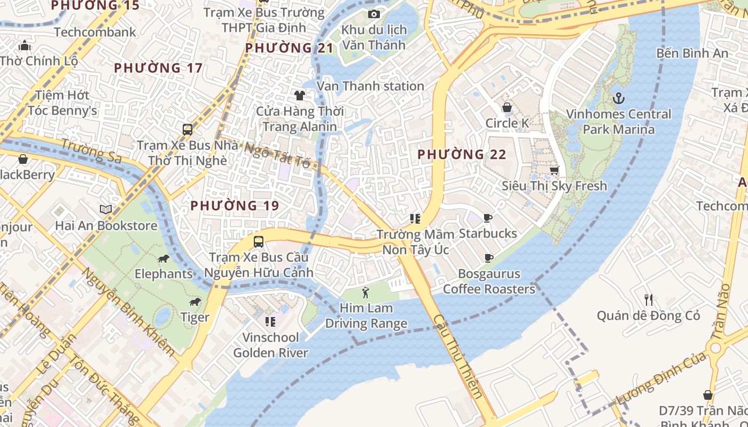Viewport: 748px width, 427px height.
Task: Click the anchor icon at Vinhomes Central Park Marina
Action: [618, 98]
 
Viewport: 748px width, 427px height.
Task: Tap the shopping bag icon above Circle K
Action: [507, 107]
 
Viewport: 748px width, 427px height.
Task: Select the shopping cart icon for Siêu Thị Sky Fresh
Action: [554, 170]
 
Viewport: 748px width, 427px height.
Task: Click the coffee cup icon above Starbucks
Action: [487, 218]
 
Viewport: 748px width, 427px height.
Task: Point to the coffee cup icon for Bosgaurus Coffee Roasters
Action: [488, 258]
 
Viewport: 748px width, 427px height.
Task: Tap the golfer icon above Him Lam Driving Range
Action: [365, 292]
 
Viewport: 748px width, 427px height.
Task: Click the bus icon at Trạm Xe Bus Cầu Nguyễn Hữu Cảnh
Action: [259, 241]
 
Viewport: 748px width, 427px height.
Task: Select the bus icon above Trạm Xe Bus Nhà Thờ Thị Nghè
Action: [187, 129]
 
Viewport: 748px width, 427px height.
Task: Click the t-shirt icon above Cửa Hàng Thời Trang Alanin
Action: [299, 96]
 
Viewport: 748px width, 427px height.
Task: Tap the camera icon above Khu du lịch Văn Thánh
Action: [374, 14]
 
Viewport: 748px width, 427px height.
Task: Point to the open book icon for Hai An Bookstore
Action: [106, 209]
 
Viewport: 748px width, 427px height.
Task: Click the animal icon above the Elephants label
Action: [163, 259]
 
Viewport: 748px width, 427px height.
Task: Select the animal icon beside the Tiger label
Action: [195, 302]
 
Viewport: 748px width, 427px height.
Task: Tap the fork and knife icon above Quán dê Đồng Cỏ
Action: [649, 299]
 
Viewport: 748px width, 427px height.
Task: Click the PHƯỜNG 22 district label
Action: [461, 155]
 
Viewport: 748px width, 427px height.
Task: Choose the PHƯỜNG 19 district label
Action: [235, 205]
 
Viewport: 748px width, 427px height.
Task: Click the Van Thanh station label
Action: [370, 86]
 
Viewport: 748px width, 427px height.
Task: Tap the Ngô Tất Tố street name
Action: [277, 154]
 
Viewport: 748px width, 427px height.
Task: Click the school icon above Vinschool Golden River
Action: [270, 321]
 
